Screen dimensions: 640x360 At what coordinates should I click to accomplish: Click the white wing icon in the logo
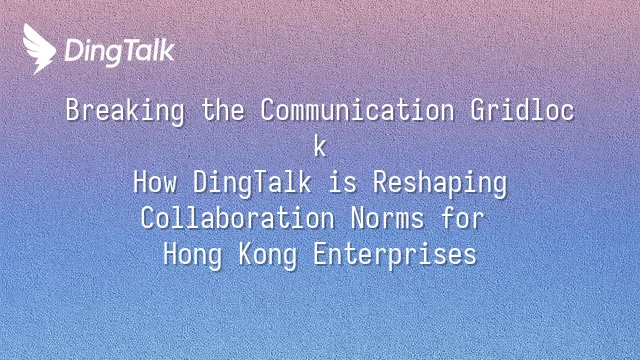point(39,49)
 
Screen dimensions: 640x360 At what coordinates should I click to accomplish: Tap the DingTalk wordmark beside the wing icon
point(120,52)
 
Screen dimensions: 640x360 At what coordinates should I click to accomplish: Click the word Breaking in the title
point(125,111)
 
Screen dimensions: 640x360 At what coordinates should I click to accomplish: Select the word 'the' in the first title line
point(223,110)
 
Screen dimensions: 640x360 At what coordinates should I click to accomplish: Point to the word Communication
point(357,110)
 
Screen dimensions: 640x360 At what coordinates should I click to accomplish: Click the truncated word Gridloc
point(522,110)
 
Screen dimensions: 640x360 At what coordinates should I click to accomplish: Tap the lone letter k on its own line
point(320,146)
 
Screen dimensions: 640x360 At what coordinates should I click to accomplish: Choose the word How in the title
point(155,182)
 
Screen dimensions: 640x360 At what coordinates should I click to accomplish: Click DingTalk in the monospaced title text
point(252,183)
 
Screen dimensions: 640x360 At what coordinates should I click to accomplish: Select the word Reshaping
point(440,183)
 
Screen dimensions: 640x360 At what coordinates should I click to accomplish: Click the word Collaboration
point(238,218)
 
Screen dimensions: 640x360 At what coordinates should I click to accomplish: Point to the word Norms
point(387,218)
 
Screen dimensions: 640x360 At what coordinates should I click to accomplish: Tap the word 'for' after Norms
point(462,218)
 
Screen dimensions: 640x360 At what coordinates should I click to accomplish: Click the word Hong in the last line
point(193,255)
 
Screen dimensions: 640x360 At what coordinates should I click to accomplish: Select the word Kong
point(268,255)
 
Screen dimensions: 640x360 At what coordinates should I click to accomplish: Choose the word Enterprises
point(395,255)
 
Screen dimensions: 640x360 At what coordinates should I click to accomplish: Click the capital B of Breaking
point(72,110)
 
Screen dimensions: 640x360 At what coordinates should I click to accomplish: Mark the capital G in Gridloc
point(477,110)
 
